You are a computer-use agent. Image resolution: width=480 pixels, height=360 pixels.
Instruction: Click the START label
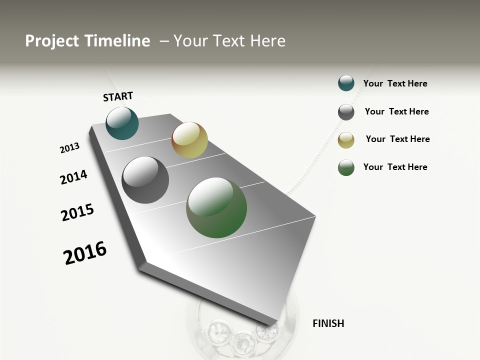coord(118,96)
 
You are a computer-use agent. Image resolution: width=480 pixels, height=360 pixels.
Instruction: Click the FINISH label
coord(328,323)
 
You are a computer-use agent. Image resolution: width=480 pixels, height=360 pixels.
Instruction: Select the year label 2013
coord(69,148)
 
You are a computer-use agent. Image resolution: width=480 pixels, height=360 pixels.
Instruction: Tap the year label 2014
coord(73,177)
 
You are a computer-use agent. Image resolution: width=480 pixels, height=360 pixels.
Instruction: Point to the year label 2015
coord(77,212)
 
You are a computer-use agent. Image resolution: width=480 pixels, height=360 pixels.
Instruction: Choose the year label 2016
coord(85,253)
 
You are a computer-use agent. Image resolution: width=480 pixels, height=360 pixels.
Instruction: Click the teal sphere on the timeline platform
coord(122,123)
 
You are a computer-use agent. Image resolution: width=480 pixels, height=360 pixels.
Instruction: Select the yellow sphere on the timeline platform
coord(189,140)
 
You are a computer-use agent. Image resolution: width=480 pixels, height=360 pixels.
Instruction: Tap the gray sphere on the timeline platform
coord(145,180)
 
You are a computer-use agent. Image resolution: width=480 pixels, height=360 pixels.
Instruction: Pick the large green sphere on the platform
coord(216,207)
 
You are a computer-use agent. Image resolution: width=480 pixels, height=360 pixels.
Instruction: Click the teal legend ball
coord(346,83)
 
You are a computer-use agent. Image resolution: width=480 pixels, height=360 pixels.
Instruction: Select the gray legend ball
coord(346,112)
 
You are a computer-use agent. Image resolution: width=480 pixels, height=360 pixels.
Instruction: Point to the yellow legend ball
coord(346,140)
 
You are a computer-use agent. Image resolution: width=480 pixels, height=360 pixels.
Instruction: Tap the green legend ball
coord(346,167)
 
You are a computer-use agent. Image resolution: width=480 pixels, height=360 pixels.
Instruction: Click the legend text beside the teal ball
coord(395,83)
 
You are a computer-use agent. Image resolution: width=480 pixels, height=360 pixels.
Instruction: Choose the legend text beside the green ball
coord(395,167)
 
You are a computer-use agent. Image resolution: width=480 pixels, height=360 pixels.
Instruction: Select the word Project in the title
coord(52,41)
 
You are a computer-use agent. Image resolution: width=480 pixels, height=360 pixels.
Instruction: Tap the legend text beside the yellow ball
coord(397,139)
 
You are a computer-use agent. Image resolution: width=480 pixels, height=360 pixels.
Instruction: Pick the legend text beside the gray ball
coord(396,111)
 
